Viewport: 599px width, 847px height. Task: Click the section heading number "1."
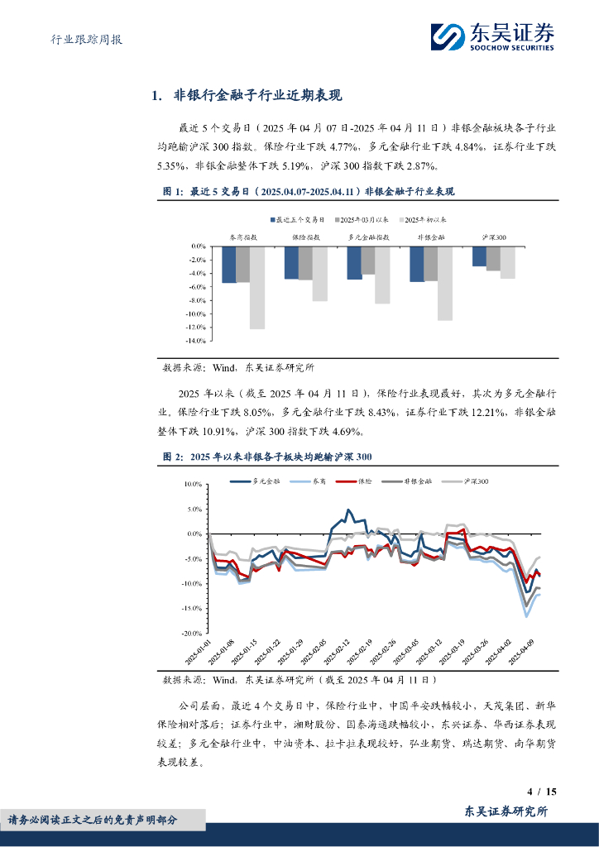[x=156, y=96]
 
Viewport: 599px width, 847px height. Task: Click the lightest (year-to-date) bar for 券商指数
[x=256, y=287]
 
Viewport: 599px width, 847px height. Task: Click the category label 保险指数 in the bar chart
[x=306, y=237]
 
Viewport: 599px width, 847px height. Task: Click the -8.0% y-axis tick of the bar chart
[x=197, y=300]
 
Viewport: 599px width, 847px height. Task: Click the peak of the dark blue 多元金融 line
[x=348, y=510]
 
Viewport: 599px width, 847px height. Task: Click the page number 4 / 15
[x=544, y=792]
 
